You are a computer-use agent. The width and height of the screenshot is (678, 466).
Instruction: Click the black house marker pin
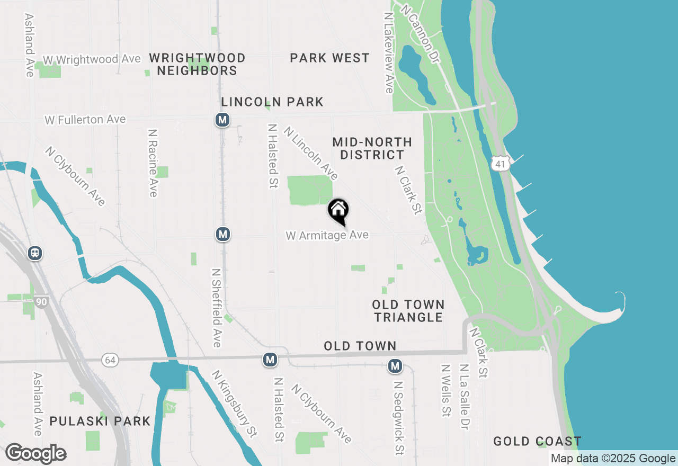tap(338, 211)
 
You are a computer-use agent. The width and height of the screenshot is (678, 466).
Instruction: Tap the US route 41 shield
tap(501, 163)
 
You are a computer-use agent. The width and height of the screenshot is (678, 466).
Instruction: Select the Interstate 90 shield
tap(41, 302)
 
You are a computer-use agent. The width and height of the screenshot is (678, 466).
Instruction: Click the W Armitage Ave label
tap(327, 235)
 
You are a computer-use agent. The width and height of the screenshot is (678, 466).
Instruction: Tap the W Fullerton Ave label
tap(85, 120)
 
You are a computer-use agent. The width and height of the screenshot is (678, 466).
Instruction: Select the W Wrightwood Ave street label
tap(92, 59)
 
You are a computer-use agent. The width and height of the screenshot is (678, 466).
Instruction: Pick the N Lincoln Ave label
tap(310, 153)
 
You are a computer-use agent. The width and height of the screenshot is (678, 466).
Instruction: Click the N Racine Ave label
tap(153, 163)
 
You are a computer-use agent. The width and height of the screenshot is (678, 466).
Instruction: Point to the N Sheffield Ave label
tap(216, 308)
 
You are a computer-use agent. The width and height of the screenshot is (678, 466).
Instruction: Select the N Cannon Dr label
tap(421, 34)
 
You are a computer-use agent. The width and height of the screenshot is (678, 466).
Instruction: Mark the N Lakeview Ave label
tap(388, 53)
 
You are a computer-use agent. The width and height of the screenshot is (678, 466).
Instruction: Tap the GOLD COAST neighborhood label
tap(537, 441)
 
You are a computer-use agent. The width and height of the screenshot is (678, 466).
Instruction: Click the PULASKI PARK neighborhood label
tap(100, 422)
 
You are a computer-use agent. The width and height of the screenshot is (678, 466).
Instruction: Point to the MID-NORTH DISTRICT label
tap(372, 148)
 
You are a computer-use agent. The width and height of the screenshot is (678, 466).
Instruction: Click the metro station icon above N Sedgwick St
tap(395, 365)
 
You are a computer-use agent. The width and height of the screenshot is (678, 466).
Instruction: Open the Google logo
tap(35, 454)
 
